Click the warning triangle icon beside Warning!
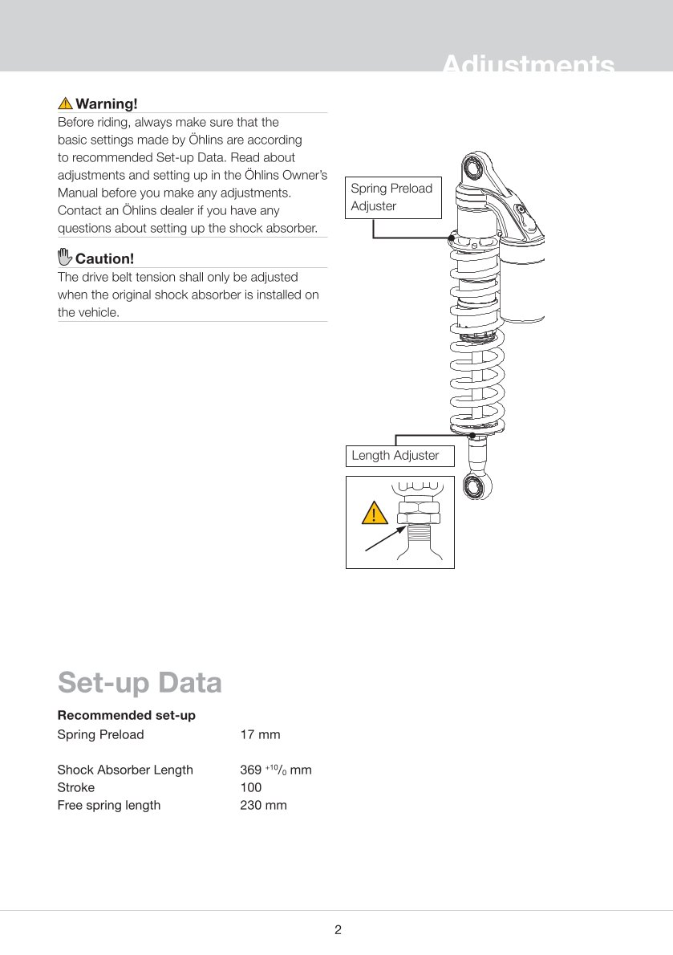point(65,104)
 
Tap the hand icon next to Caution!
point(65,258)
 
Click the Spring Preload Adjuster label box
point(394,197)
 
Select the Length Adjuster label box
point(399,456)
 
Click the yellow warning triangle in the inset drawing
point(373,512)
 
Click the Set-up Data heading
point(140,682)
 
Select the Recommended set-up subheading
point(127,715)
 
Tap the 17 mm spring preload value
point(260,734)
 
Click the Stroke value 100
point(251,787)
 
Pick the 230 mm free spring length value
point(263,805)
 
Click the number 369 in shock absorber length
point(251,770)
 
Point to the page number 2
point(338,930)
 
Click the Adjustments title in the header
point(528,64)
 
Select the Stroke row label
point(76,787)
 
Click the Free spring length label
point(109,805)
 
